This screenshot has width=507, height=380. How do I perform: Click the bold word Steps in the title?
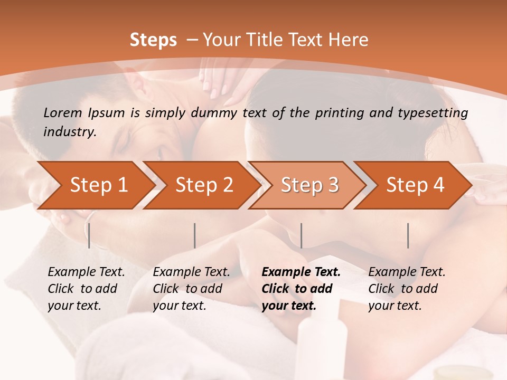pos(153,40)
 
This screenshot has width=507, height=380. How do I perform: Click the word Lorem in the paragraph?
pos(62,112)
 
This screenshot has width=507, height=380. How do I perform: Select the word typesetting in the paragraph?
pos(436,113)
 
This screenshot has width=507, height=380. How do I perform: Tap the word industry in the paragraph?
pos(69,131)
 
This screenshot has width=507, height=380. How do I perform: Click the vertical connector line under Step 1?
pos(89,235)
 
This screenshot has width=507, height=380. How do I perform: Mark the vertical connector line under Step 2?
pos(195,235)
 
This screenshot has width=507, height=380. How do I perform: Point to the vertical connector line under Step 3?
pos(302,235)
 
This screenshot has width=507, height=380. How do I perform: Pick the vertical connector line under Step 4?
pos(408,235)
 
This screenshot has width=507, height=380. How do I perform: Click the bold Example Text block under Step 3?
pos(301,289)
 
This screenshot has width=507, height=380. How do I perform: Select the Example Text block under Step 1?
pos(86,289)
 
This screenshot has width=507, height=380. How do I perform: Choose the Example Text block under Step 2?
pos(191,289)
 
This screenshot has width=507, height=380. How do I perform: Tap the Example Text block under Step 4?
pos(406,289)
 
